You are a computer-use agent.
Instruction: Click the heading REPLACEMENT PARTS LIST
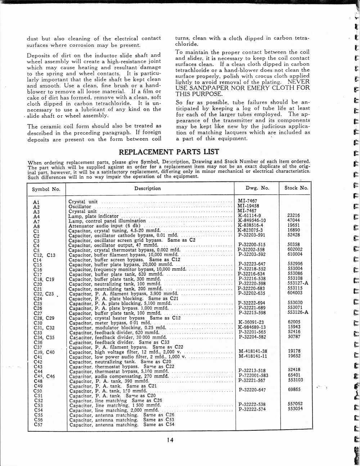(169, 152)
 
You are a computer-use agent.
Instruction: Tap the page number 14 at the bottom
(170, 440)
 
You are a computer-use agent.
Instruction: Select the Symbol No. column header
(46, 189)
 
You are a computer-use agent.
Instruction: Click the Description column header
(148, 188)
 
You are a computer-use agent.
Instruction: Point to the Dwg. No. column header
(257, 188)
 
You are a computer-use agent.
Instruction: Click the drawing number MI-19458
(248, 206)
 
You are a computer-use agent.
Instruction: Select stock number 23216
(294, 215)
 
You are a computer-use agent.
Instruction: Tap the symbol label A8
(36, 227)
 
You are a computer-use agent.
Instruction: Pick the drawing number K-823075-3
(250, 230)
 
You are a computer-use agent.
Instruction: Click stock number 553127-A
(298, 283)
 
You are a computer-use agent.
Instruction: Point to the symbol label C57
(38, 425)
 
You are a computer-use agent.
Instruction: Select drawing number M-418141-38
(253, 351)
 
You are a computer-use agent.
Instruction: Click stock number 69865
(294, 390)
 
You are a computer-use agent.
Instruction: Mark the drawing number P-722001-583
(253, 375)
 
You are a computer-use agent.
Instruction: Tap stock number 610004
(295, 254)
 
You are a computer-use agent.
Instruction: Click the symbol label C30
(38, 323)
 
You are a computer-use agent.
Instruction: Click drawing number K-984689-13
(252, 327)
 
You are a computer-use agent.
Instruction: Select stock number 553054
(295, 409)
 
